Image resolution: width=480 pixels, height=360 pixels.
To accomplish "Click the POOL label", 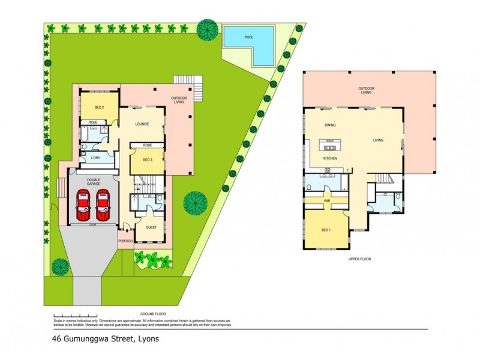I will [249, 37].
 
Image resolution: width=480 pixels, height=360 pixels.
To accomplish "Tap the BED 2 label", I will [100, 107].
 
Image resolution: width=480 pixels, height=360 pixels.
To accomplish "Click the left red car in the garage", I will [83, 205].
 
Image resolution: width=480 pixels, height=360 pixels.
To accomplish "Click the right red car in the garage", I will [103, 205].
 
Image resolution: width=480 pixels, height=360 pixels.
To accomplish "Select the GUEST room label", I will [151, 227].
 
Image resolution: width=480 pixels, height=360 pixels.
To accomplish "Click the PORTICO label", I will [125, 241].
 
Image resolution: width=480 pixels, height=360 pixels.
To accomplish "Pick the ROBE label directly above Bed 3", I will [147, 145].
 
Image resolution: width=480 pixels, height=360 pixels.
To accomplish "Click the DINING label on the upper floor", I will [330, 126].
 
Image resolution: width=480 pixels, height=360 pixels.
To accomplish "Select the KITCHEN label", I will [331, 158].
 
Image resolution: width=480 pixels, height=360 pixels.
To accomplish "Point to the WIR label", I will [327, 201].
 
